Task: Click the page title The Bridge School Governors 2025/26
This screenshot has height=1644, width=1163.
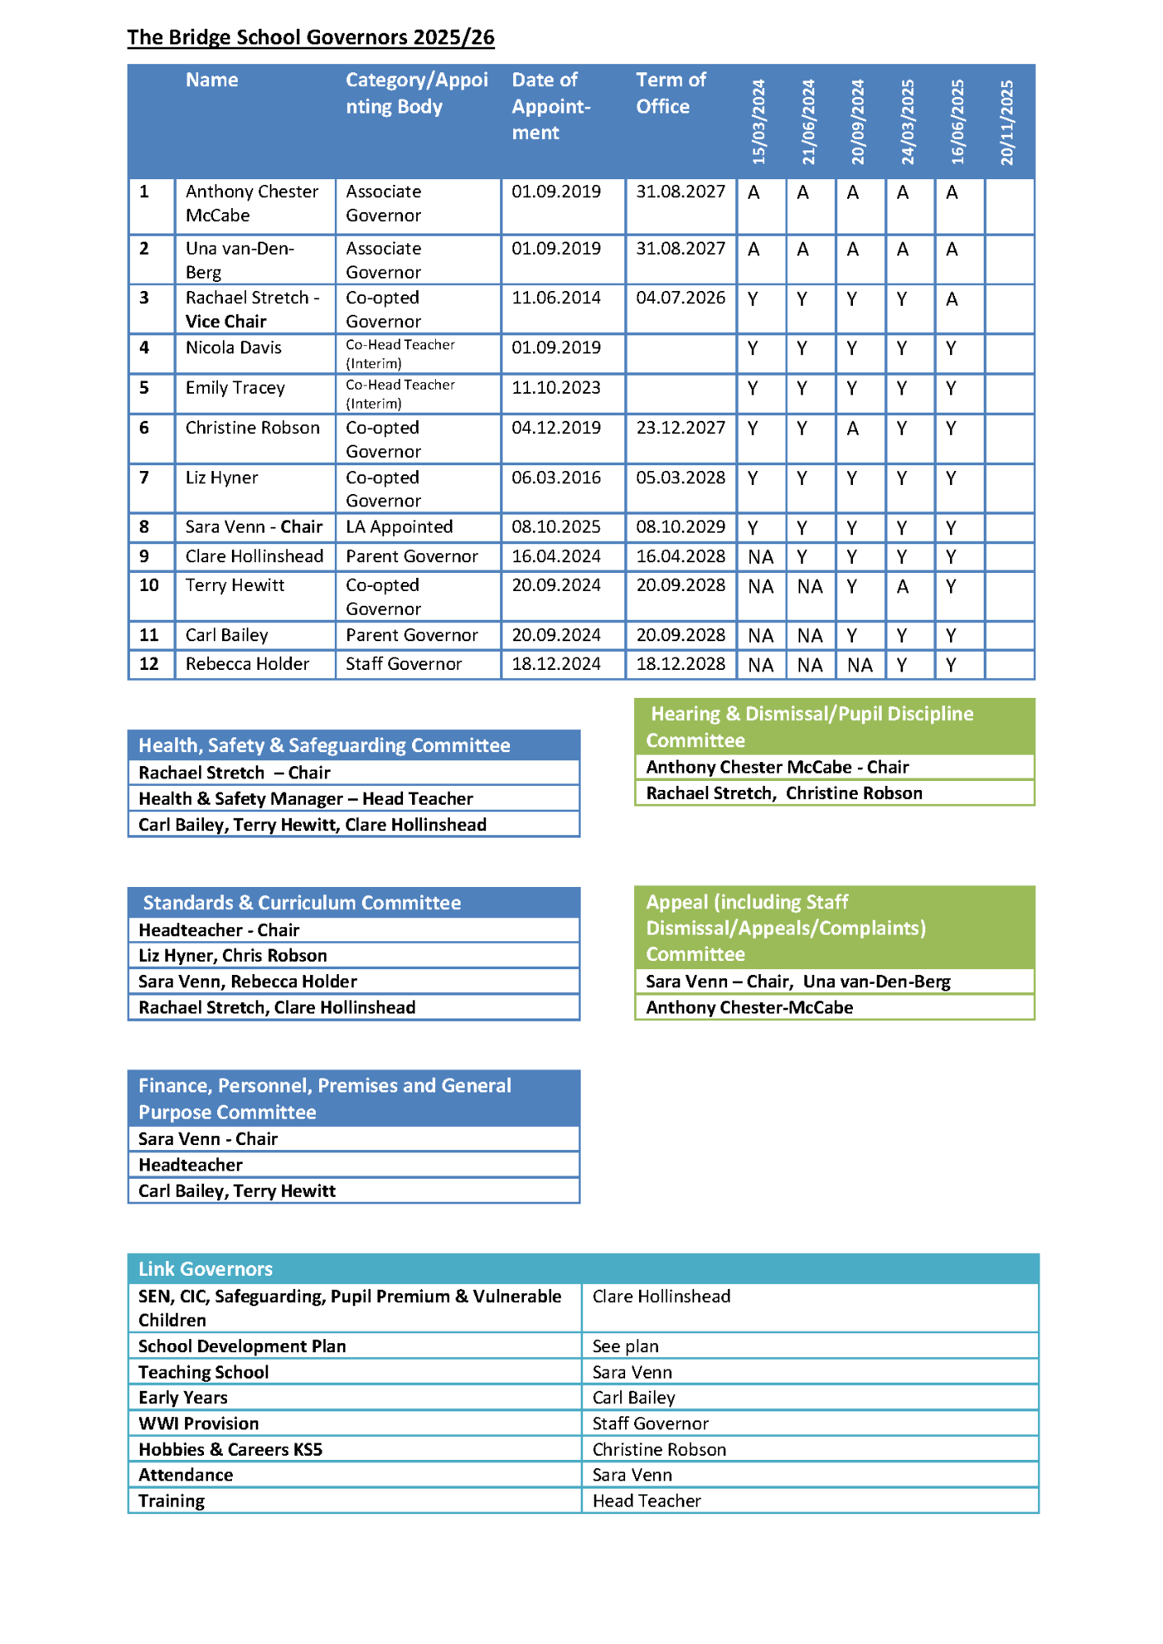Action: [311, 38]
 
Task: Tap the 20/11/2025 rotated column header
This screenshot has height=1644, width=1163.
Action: [1008, 122]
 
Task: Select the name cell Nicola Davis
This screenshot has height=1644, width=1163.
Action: [234, 348]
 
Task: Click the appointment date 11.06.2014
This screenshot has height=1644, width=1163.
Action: [556, 298]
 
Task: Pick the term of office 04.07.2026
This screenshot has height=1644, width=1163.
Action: [680, 298]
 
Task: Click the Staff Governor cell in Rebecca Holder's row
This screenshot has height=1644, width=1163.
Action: [404, 664]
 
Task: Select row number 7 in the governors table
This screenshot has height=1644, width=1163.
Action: [145, 478]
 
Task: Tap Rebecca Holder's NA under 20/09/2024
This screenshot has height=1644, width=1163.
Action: [860, 665]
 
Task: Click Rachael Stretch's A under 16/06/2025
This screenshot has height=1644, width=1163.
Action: [952, 299]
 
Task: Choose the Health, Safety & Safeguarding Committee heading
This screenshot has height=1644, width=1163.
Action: [324, 746]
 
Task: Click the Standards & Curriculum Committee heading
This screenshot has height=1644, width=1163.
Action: [302, 903]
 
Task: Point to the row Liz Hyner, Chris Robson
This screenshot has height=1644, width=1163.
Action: [233, 955]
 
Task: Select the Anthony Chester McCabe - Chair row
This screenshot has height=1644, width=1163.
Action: [777, 767]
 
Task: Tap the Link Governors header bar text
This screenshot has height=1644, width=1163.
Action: [206, 1268]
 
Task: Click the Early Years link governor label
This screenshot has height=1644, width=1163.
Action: [183, 1397]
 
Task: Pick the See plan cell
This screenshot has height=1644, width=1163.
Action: [625, 1346]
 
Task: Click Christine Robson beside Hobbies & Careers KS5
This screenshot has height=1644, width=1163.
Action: [659, 1449]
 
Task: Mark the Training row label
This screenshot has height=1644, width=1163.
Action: [171, 1501]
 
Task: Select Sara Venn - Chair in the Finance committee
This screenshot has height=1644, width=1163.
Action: [208, 1138]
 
